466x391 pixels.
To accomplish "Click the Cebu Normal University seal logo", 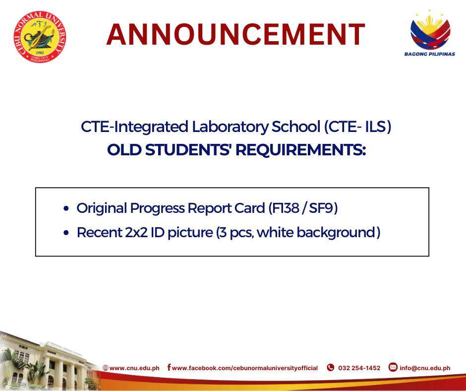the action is coord(40,37).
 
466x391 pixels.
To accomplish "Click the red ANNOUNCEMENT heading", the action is coord(235,35).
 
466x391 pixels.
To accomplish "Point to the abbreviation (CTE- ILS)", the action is coord(357,127).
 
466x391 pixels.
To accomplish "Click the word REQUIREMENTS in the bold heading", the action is coord(300,150).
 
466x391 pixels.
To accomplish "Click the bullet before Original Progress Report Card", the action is coord(66,208).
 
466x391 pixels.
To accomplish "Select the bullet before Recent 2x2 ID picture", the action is coord(66,233).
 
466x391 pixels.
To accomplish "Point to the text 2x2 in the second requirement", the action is coord(136,232).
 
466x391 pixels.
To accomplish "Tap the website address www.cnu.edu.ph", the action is coord(134,368).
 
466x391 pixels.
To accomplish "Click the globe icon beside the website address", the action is coord(105,368).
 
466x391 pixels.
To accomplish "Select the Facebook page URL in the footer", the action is coord(245,368).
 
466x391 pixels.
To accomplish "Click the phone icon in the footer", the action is coord(331,368).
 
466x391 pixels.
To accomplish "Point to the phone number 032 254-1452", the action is coord(359,368).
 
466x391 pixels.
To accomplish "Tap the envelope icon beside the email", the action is coord(393,367).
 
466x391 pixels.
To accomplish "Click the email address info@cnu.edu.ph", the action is coord(425,368).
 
